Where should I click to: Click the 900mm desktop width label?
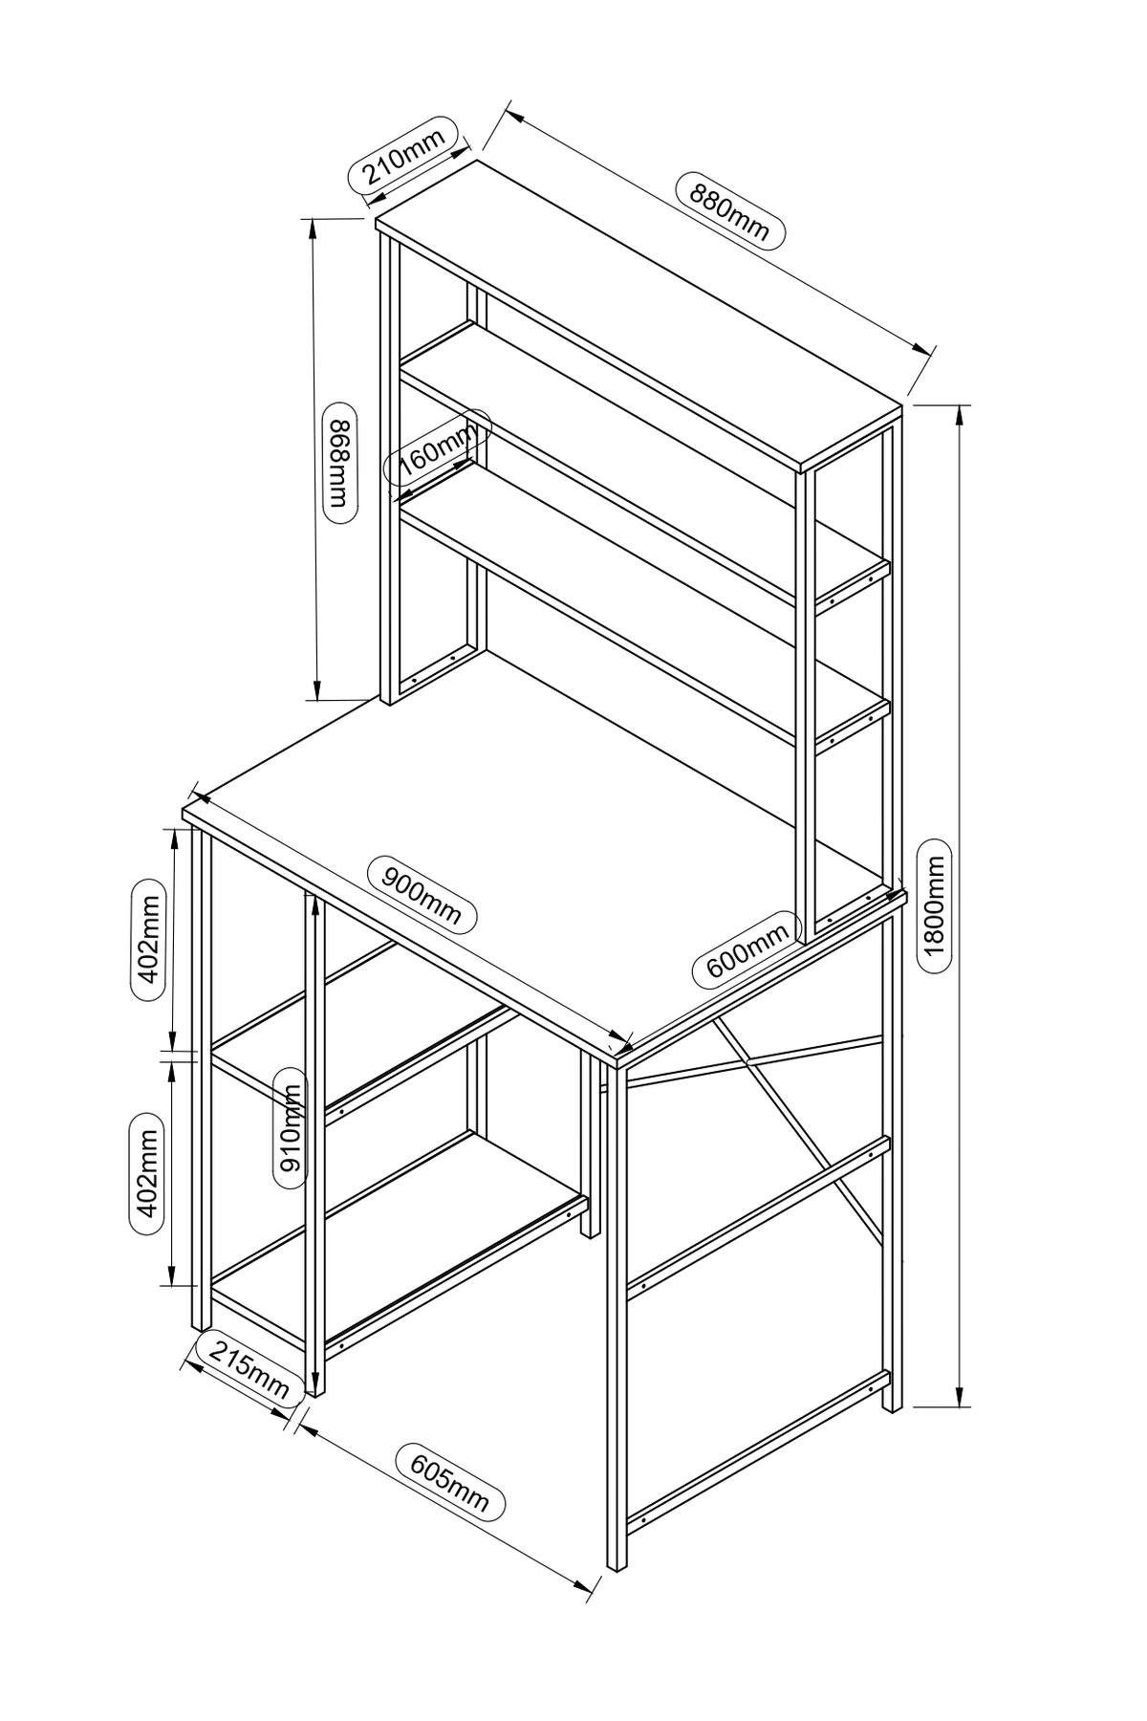tap(422, 895)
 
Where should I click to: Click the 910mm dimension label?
tap(290, 1127)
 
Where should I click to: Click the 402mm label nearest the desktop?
tap(147, 938)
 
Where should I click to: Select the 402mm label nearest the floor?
tap(147, 1175)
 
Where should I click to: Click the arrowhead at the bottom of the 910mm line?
tap(313, 1390)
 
